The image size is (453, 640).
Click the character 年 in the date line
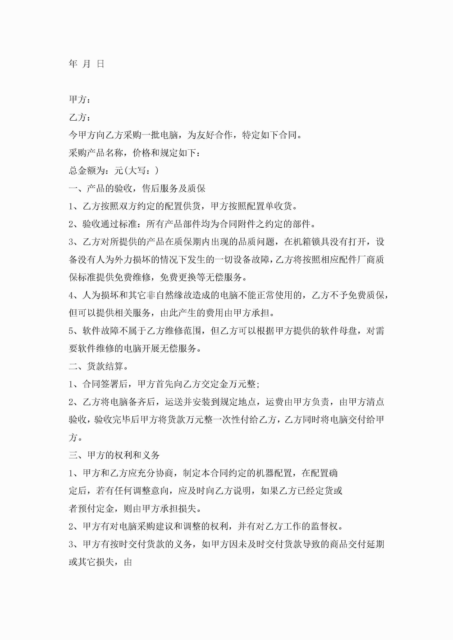pos(73,64)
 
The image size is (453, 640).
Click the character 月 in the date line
pos(87,64)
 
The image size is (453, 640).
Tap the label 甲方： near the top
pos(79,99)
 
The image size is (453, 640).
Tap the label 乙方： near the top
pos(79,117)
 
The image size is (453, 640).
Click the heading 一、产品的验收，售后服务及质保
pos(137,188)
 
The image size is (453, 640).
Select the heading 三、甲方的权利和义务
pos(114,455)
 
